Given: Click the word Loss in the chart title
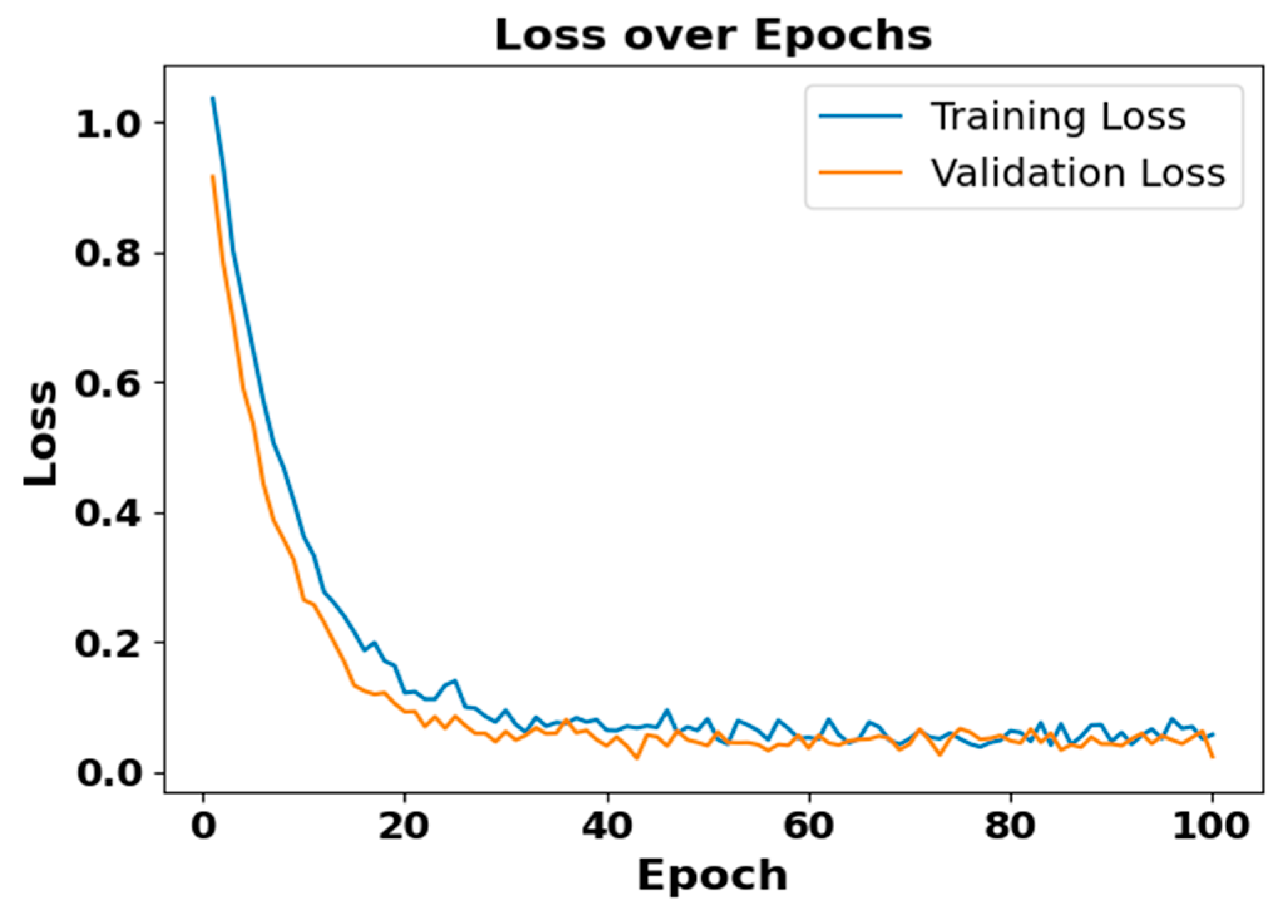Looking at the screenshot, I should coord(550,35).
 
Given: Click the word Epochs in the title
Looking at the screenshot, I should coord(842,36).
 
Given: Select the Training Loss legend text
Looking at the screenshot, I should coord(1058,117).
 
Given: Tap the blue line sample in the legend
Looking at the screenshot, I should coord(860,116).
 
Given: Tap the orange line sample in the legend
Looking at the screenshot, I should coord(860,172).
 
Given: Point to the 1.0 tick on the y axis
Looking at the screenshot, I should coord(107,124).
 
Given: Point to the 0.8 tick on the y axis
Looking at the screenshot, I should coord(107,254).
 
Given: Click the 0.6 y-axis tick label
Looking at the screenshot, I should coord(107,383).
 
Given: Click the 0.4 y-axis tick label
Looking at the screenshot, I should coord(107,513).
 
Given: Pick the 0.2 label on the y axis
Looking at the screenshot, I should coord(107,643).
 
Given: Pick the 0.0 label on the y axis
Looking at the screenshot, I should coord(107,773).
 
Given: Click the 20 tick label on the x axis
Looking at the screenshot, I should coord(404,827).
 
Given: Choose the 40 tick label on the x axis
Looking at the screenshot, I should coord(607,827).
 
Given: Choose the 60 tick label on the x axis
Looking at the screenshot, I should coord(809,827).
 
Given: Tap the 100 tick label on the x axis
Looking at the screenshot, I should coord(1210,827).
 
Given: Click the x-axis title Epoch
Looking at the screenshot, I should coord(713,875).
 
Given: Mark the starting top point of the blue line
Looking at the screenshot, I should coord(212,98).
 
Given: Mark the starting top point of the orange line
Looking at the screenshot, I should coord(212,176).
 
